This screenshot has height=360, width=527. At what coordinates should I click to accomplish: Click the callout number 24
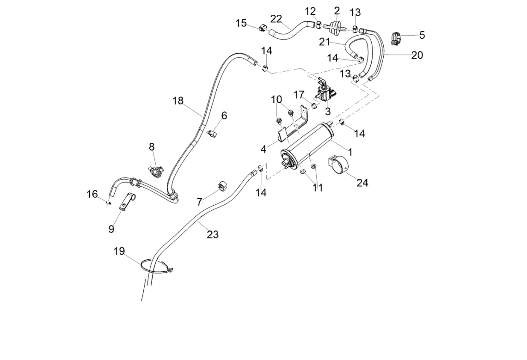coord(362,183)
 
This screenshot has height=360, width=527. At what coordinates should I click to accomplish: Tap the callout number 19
coord(119,251)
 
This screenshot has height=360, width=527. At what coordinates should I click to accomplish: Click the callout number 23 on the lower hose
coord(212,234)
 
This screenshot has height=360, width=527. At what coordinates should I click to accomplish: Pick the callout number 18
coord(178,100)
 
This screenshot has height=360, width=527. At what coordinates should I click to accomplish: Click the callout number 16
coord(92,194)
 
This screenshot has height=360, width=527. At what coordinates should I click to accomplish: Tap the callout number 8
coord(152,147)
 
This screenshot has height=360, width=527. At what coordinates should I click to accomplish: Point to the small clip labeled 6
coord(212,134)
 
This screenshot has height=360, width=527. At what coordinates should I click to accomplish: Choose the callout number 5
coord(422,35)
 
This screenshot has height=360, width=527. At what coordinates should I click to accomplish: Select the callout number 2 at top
coord(337,10)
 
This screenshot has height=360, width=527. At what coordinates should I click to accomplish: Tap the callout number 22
coord(276,18)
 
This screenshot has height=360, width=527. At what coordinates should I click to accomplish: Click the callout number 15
coord(241,23)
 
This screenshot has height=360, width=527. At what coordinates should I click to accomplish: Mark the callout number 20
coord(417,55)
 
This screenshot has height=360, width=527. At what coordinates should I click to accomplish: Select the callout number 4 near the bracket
coord(263,149)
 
